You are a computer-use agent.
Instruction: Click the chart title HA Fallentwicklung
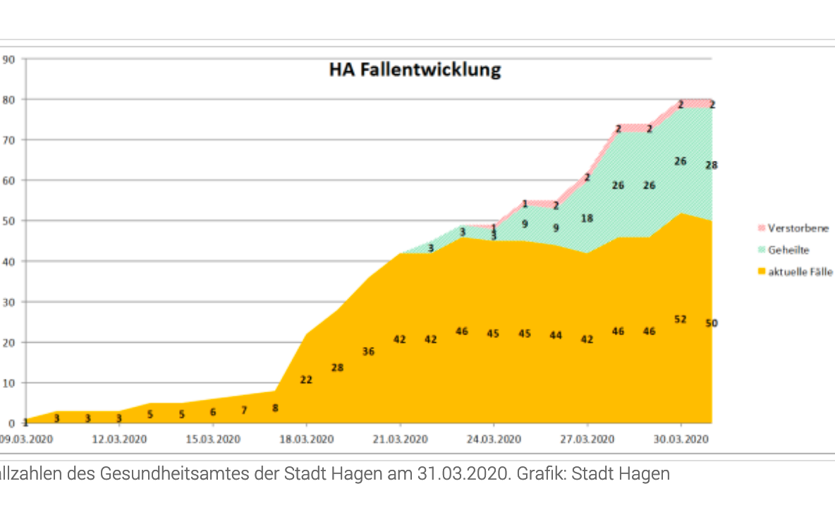[x=415, y=70]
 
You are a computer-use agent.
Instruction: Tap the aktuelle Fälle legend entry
[x=800, y=271]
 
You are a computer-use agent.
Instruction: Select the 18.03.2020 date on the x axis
[x=306, y=439]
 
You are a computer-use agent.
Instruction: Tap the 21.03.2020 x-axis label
[x=400, y=439]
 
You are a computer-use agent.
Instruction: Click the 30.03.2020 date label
[x=681, y=439]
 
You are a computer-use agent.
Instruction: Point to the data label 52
[x=681, y=320]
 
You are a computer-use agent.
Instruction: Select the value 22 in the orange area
[x=306, y=380]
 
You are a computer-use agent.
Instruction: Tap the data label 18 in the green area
[x=587, y=219]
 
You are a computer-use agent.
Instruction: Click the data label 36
[x=368, y=351]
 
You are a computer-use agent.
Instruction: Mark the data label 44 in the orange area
[x=556, y=336]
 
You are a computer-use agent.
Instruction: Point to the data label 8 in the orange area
[x=275, y=408]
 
